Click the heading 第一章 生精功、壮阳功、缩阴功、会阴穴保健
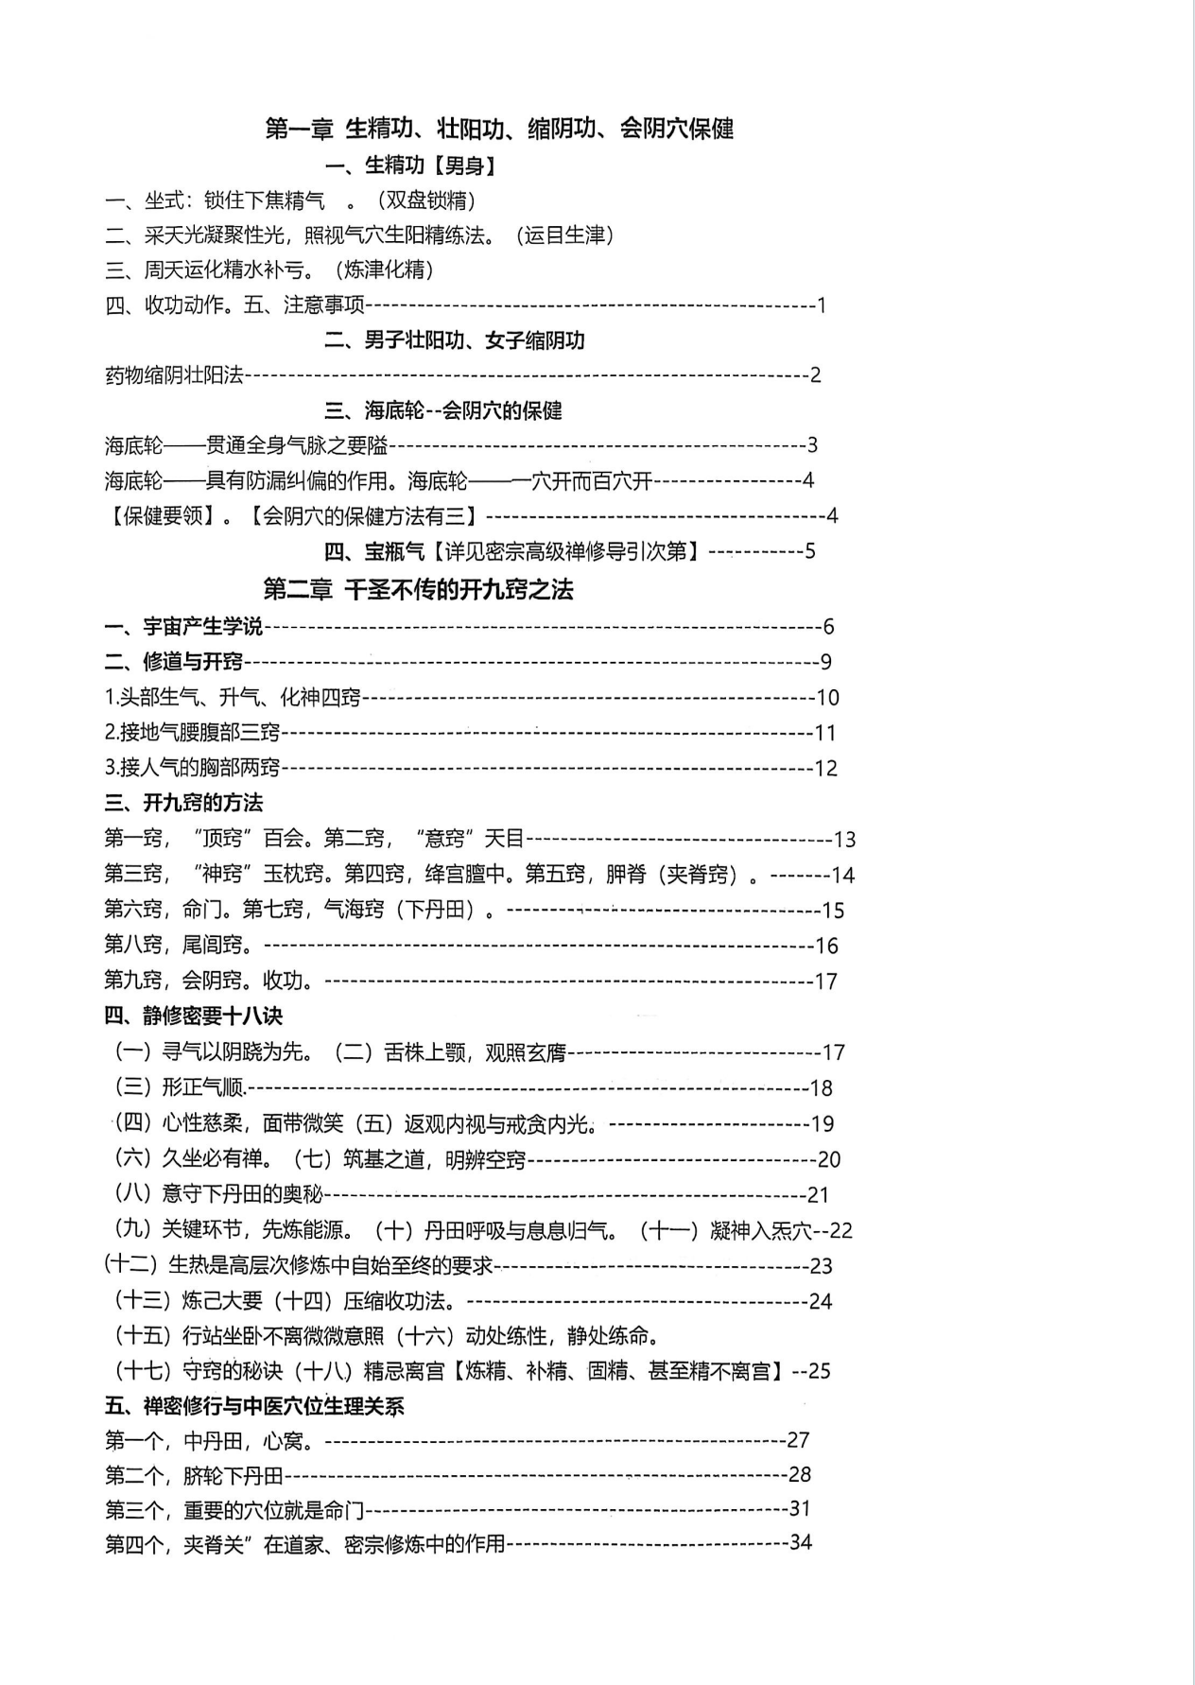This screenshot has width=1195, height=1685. tap(499, 129)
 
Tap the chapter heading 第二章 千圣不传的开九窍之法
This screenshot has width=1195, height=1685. tap(418, 590)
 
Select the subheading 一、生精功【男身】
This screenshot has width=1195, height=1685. tap(410, 166)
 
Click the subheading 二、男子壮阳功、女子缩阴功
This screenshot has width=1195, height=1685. tap(455, 340)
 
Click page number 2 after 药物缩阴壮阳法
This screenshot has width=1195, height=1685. tap(816, 375)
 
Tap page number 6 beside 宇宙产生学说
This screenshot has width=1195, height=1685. tap(828, 627)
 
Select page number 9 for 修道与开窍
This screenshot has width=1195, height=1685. tap(825, 662)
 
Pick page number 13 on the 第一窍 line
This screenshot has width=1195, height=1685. tap(844, 840)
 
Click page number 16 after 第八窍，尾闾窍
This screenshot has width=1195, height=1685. tap(827, 946)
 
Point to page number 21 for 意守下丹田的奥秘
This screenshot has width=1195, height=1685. tap(819, 1195)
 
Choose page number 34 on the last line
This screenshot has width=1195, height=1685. tap(801, 1542)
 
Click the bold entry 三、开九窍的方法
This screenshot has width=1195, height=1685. tap(183, 804)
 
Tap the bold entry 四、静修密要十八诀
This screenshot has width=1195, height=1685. tap(193, 1016)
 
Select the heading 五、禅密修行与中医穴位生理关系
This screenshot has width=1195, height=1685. tap(254, 1406)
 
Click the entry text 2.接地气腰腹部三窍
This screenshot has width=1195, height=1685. tap(193, 733)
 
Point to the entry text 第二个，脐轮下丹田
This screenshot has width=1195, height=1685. tap(194, 1474)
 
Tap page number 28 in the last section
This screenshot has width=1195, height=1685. tap(800, 1474)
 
